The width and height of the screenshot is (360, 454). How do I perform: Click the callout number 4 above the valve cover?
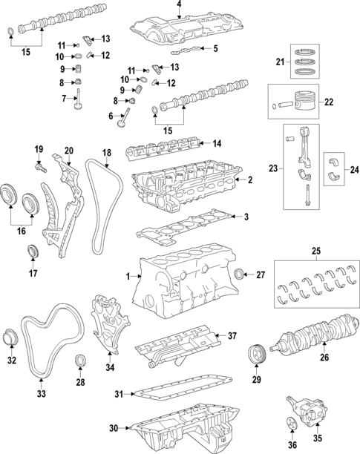179,4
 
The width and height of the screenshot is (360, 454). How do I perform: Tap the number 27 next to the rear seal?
261,274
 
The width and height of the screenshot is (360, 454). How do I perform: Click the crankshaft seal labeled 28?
79,360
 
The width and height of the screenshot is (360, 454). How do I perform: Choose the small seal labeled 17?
33,251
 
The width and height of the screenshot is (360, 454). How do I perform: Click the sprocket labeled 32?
10,338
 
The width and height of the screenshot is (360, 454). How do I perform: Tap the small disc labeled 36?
292,431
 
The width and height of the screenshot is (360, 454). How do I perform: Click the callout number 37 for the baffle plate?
232,336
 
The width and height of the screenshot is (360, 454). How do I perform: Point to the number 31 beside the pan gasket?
119,394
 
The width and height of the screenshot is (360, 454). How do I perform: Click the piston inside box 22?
306,100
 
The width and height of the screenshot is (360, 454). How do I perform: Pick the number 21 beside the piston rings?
280,62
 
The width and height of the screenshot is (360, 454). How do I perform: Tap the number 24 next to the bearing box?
354,170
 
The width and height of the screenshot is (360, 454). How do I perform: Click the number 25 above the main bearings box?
316,251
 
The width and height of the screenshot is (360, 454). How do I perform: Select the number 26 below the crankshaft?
324,358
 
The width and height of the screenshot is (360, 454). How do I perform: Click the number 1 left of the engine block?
128,277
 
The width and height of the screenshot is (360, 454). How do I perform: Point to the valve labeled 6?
124,118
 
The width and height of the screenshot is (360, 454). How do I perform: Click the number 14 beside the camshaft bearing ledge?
217,143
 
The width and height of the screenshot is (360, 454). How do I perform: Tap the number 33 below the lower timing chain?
42,393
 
